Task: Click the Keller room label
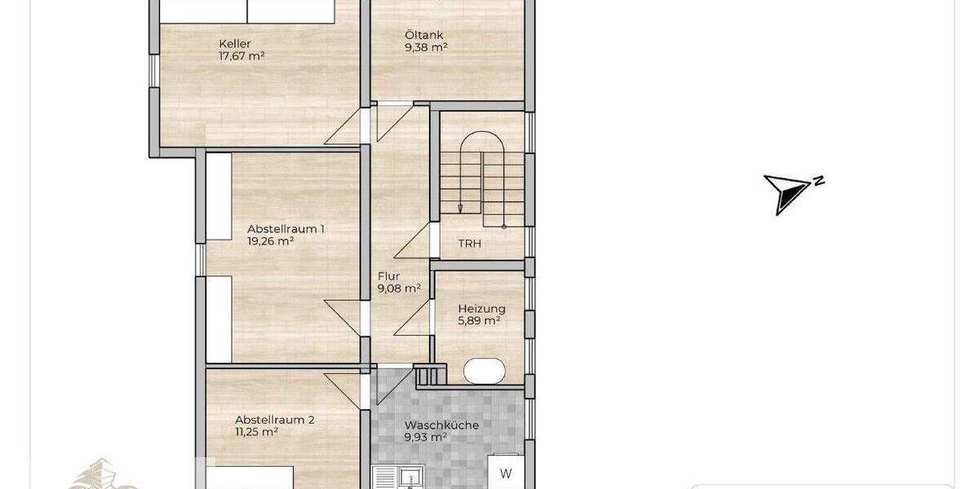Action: point(234,44)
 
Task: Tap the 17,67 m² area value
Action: point(241,56)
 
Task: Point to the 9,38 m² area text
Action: point(427,47)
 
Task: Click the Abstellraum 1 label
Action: point(286,229)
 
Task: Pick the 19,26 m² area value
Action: point(270,241)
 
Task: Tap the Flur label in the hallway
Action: point(388,275)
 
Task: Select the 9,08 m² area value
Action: point(399,288)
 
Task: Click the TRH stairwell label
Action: point(468,244)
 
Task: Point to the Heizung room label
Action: point(481,309)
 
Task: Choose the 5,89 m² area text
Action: point(481,321)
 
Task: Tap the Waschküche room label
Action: point(441,425)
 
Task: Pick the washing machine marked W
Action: point(506,473)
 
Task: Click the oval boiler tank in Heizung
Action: point(485,372)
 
